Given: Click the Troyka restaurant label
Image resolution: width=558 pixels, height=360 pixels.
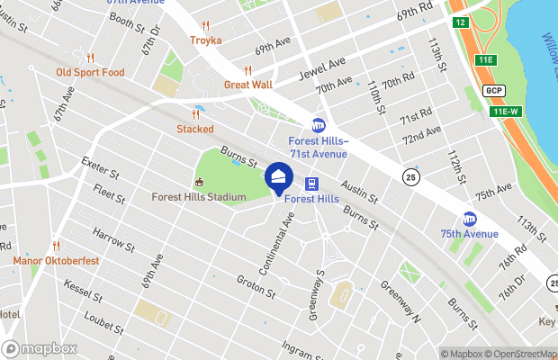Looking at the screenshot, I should pyautogui.click(x=205, y=40).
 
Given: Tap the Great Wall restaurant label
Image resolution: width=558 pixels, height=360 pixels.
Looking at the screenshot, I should pyautogui.click(x=247, y=85).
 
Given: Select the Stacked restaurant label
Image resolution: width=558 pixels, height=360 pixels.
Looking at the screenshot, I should pyautogui.click(x=195, y=129).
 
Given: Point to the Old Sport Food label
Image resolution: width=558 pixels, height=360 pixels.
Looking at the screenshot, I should pyautogui.click(x=90, y=73).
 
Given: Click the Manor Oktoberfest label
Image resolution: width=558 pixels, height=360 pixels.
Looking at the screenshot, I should pyautogui.click(x=56, y=261).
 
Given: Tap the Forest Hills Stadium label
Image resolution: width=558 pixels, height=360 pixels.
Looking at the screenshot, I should pyautogui.click(x=199, y=197).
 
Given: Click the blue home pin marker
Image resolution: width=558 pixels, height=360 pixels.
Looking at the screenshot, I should pyautogui.click(x=279, y=178).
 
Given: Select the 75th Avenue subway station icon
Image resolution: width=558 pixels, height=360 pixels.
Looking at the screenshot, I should pyautogui.click(x=469, y=219).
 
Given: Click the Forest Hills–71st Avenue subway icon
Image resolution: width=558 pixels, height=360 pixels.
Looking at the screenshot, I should pyautogui.click(x=317, y=126).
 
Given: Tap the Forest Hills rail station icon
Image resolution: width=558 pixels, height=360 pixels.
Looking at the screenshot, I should pyautogui.click(x=314, y=182).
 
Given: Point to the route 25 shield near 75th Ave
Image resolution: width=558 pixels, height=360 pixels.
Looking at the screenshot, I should pyautogui.click(x=409, y=176).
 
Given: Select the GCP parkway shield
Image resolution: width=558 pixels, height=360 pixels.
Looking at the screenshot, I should pyautogui.click(x=493, y=91).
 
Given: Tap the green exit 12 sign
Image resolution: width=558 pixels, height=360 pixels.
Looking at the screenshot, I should pyautogui.click(x=460, y=22).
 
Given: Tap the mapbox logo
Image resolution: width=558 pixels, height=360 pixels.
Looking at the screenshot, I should pyautogui.click(x=40, y=348).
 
